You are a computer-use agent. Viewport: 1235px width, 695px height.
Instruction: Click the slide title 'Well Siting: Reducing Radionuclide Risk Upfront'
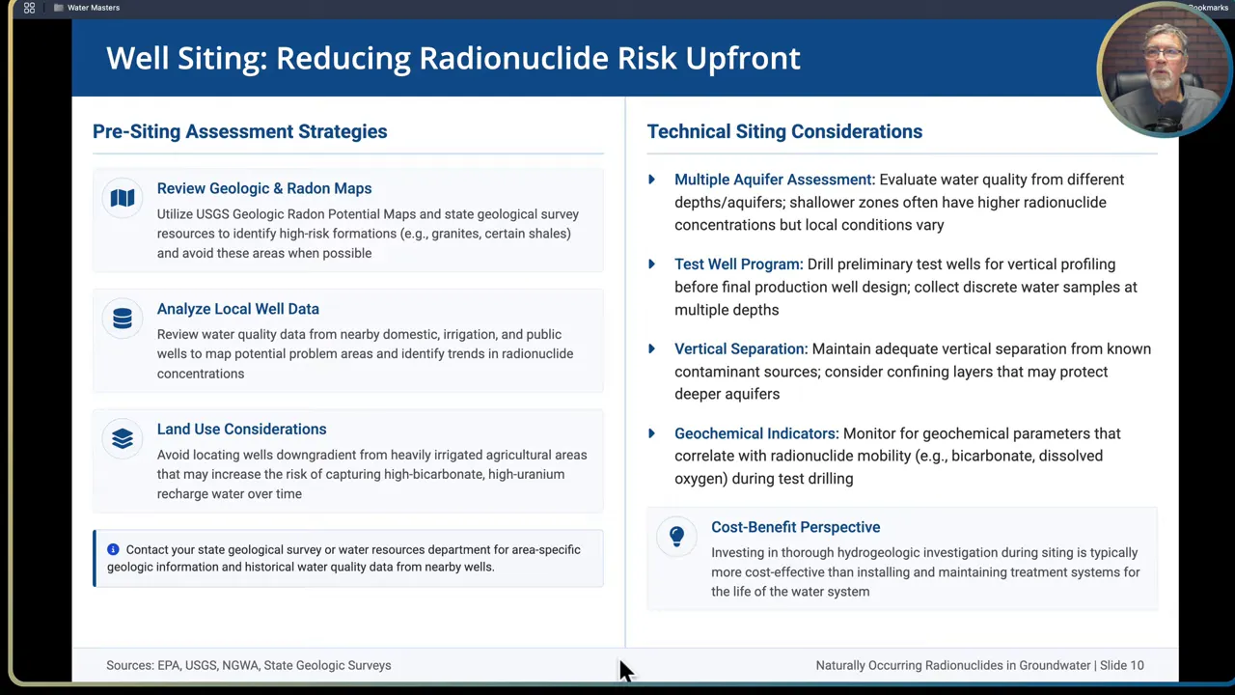click(x=453, y=58)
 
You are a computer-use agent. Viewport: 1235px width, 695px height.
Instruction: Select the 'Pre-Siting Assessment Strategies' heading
click(x=239, y=131)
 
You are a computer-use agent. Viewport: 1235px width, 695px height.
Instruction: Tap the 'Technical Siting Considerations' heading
click(x=783, y=131)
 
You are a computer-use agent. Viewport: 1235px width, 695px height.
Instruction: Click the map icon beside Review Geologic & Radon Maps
click(x=123, y=198)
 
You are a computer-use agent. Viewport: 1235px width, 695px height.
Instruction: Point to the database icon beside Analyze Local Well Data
click(x=123, y=319)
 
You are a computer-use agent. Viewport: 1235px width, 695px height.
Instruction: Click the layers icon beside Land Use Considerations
click(x=123, y=439)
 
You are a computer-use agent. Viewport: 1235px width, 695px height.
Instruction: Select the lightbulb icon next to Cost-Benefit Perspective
click(x=676, y=536)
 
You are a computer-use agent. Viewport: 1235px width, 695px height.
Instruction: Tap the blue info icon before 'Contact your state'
click(x=113, y=549)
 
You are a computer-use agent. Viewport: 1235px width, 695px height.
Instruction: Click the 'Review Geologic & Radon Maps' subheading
click(x=263, y=188)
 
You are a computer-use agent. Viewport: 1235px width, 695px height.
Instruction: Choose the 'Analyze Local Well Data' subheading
click(x=237, y=309)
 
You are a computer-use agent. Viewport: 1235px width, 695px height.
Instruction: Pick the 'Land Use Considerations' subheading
click(x=241, y=429)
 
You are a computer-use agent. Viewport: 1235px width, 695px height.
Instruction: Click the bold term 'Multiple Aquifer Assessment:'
click(x=774, y=180)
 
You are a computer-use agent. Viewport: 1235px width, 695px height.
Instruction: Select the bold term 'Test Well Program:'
click(x=738, y=264)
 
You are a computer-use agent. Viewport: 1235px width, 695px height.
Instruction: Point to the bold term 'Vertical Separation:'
click(x=740, y=348)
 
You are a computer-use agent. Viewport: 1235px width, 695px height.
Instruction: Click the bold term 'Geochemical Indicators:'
click(x=756, y=433)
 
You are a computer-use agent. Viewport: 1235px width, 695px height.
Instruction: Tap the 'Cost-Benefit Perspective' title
click(x=795, y=527)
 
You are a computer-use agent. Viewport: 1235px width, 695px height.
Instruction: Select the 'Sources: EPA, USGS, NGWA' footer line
click(x=248, y=665)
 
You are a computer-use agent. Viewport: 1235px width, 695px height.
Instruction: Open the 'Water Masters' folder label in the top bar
click(x=93, y=8)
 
